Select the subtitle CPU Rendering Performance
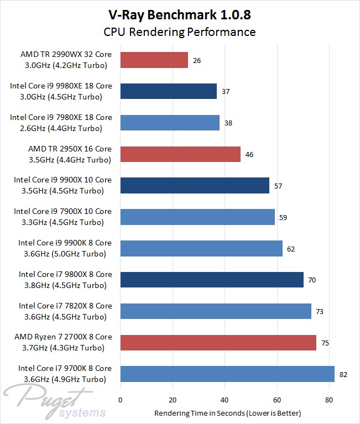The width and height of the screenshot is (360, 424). (180, 32)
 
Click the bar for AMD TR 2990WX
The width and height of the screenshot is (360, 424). (154, 60)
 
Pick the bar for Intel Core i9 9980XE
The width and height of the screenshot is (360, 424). (168, 91)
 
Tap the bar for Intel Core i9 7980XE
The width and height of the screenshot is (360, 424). (170, 123)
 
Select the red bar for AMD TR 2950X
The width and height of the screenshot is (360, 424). (180, 154)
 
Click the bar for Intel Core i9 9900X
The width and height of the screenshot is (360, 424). (195, 186)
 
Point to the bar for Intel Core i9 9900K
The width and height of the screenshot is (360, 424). (201, 248)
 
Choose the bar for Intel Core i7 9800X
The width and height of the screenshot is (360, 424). (212, 280)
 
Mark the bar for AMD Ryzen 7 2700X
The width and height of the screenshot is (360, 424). (218, 343)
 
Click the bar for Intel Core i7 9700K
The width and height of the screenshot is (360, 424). (227, 374)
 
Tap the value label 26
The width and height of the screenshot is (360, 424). (197, 60)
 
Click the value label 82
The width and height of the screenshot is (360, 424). (343, 374)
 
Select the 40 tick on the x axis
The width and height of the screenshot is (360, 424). (225, 399)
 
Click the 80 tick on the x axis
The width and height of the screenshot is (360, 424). (329, 399)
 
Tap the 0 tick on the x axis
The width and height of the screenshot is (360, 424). (120, 399)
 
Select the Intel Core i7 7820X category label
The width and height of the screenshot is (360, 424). (65, 311)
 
